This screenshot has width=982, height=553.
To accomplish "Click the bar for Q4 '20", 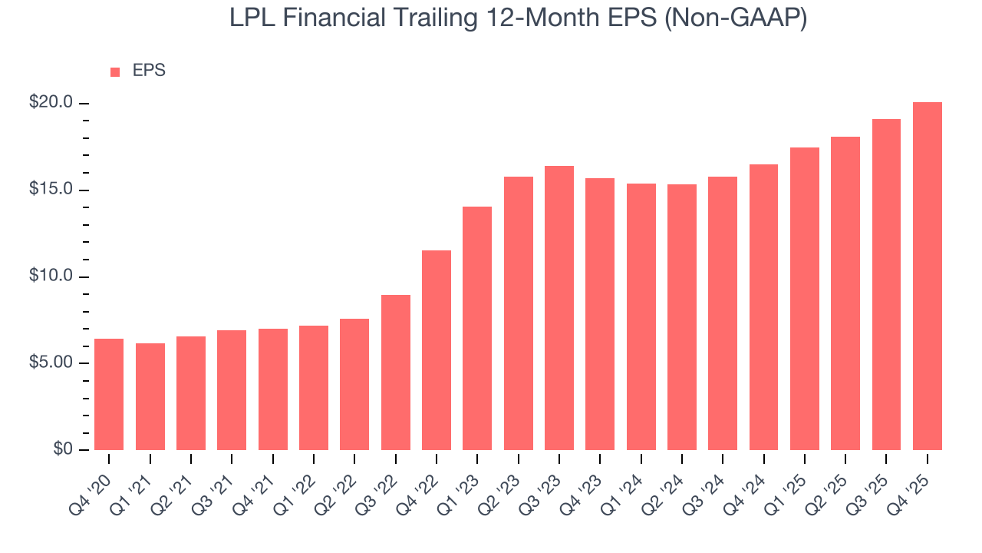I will pos(109,394).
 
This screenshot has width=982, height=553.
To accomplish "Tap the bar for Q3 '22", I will pos(396,373).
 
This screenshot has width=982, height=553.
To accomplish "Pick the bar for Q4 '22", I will pos(437,350).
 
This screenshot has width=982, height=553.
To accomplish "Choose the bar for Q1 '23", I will pos(477,328).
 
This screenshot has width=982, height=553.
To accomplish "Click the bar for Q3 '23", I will pos(559,308).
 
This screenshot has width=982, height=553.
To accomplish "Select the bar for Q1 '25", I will pos(805,299).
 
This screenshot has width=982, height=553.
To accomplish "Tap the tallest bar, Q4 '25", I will pos(928,276).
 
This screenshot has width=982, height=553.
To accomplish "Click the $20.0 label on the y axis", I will pos(52,103).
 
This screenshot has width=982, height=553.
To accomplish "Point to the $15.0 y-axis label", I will pos(52,190).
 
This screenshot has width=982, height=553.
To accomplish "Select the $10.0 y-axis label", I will pos(52,276).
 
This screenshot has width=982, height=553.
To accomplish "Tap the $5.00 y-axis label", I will pos(52,363).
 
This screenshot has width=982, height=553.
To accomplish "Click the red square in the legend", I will pos(115,72).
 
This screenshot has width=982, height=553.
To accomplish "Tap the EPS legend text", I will pos(149,71).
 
